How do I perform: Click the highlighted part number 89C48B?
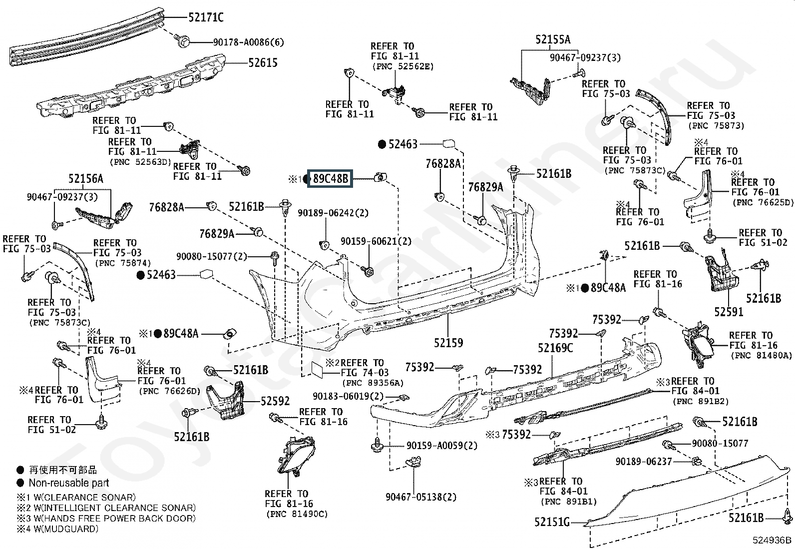pyautogui.click(x=330, y=178)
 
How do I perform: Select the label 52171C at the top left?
pyautogui.click(x=206, y=18)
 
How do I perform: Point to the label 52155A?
pyautogui.click(x=553, y=39)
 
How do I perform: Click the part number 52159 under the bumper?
pyautogui.click(x=448, y=343)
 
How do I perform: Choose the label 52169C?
pyautogui.click(x=555, y=348)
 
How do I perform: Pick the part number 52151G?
pyautogui.click(x=552, y=522)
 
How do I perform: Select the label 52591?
pyautogui.click(x=729, y=312)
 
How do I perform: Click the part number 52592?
pyautogui.click(x=275, y=401)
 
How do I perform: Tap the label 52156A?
pyautogui.click(x=85, y=179)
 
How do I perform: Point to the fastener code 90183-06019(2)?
pyautogui.click(x=349, y=396)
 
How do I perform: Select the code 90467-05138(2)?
pyautogui.click(x=421, y=497)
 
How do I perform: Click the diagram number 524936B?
pyautogui.click(x=773, y=540)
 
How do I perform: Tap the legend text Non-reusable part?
pyautogui.click(x=68, y=483)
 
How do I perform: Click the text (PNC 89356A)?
pyautogui.click(x=373, y=383)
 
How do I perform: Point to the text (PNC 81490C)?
pyautogui.click(x=296, y=514)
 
